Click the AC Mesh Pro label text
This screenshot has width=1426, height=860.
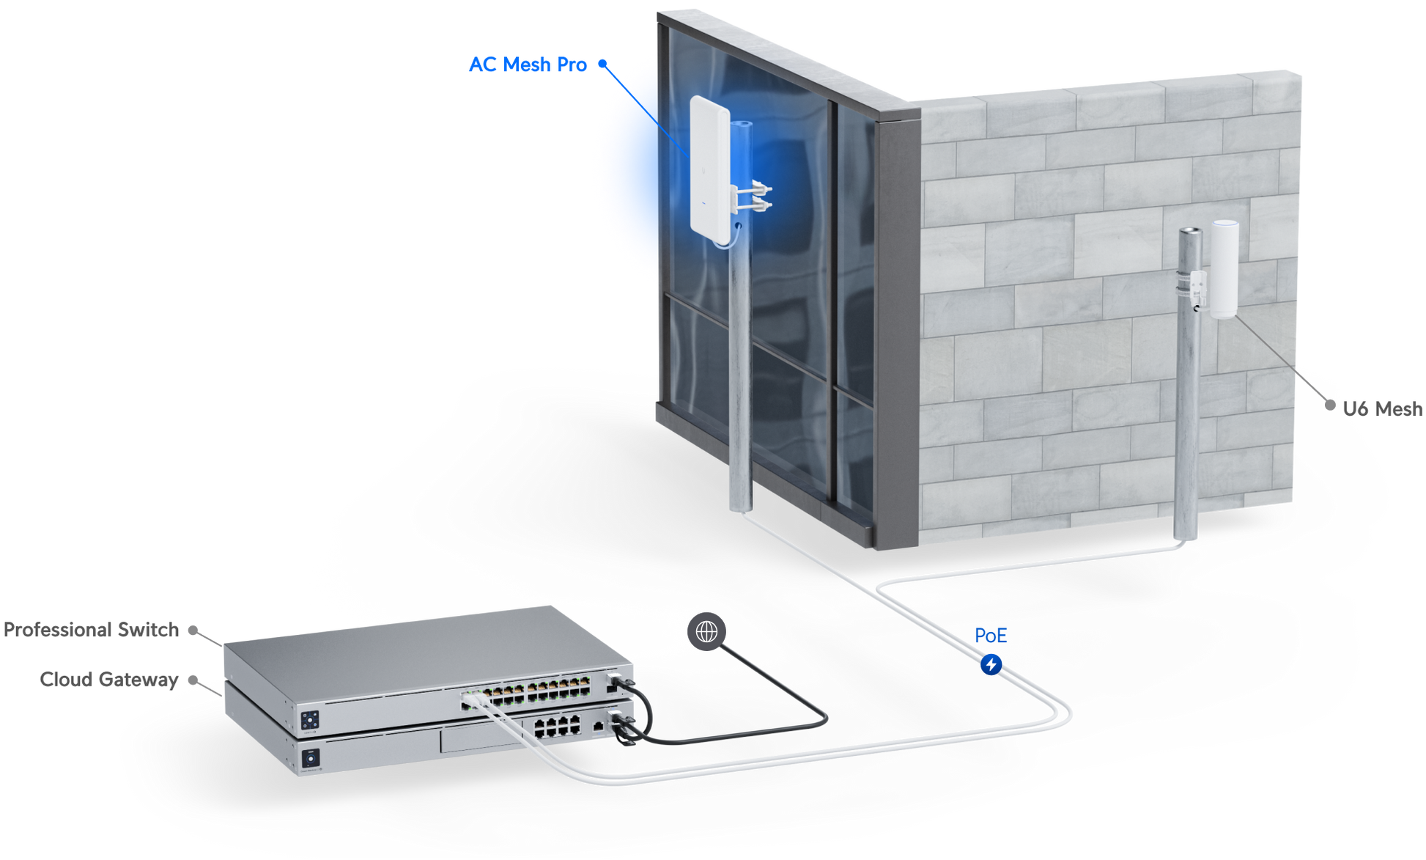tap(528, 65)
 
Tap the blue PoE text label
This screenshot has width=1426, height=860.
tap(991, 635)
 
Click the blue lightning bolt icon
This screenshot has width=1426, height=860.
tap(991, 665)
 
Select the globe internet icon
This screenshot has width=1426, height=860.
tap(706, 631)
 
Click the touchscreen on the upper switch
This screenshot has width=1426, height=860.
tap(310, 719)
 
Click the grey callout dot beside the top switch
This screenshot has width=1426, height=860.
tap(193, 631)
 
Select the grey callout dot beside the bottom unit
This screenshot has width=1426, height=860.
tap(193, 680)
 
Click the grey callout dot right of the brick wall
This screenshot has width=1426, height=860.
tap(1331, 405)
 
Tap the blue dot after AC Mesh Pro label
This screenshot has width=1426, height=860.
tap(602, 64)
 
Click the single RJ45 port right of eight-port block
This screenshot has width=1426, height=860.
tap(599, 727)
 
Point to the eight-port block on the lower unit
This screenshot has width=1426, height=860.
tap(557, 727)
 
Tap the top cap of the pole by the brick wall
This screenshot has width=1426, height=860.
tap(1189, 232)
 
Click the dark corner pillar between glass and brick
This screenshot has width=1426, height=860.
tap(897, 330)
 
